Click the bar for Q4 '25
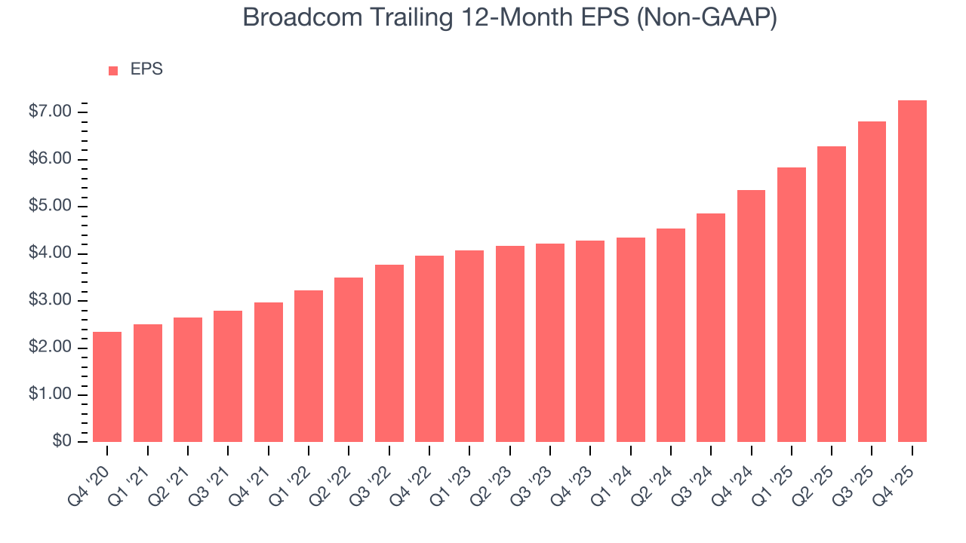(912, 271)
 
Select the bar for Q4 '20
(107, 387)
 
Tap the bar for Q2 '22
(349, 360)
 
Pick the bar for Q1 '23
(469, 346)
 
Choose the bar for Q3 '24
(711, 327)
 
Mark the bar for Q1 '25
(791, 305)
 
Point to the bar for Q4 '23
(590, 341)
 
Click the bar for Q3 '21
(228, 376)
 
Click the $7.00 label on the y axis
(50, 112)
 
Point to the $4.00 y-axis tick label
(50, 253)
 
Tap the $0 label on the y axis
(62, 442)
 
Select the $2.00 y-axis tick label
(50, 348)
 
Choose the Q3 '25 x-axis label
(857, 474)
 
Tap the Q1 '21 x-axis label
(133, 474)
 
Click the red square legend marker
(113, 71)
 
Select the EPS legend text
(146, 69)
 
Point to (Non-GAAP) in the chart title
(706, 18)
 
